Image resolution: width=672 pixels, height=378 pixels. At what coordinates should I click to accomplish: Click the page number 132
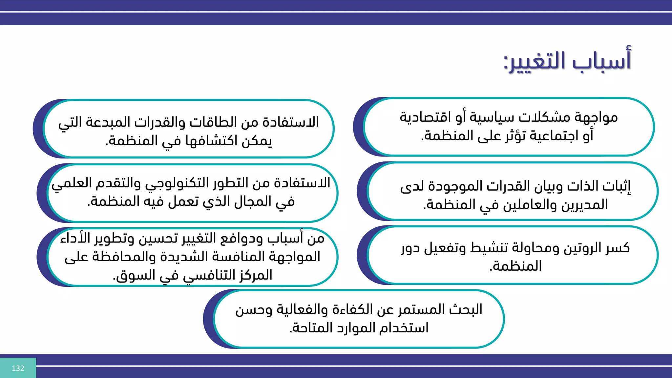click(x=18, y=368)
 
